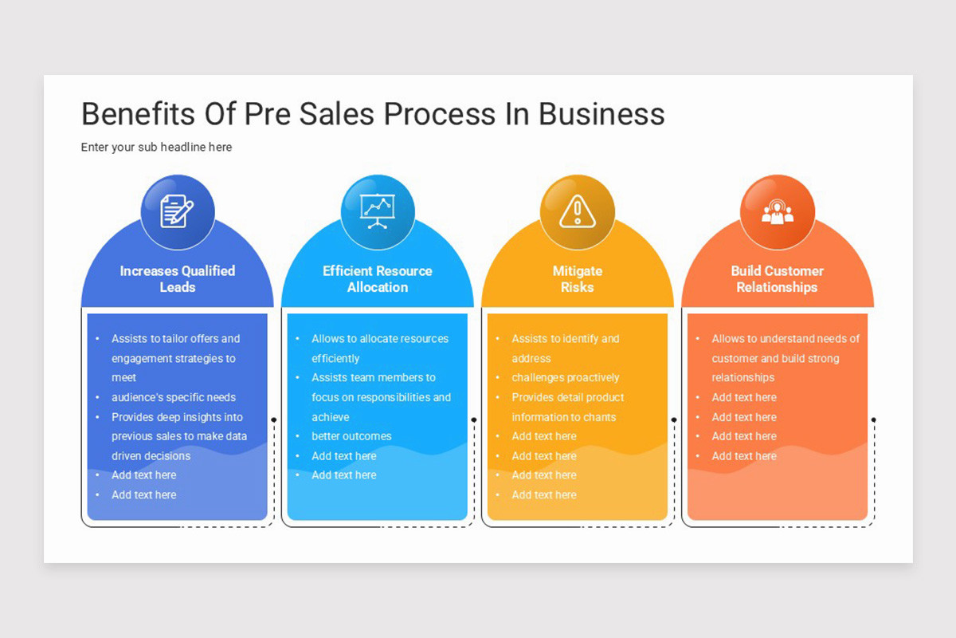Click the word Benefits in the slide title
click(x=132, y=114)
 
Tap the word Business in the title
click(x=601, y=114)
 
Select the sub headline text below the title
click(x=156, y=147)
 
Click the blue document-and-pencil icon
click(x=177, y=212)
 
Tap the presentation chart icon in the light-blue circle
click(x=378, y=212)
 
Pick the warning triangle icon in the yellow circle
click(x=577, y=212)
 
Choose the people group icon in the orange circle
click(x=778, y=212)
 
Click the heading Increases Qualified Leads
click(x=177, y=279)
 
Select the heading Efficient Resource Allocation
click(x=378, y=279)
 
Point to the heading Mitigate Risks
click(x=577, y=279)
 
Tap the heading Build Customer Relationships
click(x=777, y=279)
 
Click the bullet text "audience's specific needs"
click(x=174, y=397)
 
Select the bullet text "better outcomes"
click(x=351, y=436)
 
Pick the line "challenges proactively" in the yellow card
click(x=565, y=377)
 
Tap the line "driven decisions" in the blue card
click(x=151, y=456)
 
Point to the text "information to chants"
click(x=564, y=417)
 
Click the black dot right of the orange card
click(x=874, y=419)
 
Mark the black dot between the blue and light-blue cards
click(x=274, y=419)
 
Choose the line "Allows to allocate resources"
click(x=380, y=339)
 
